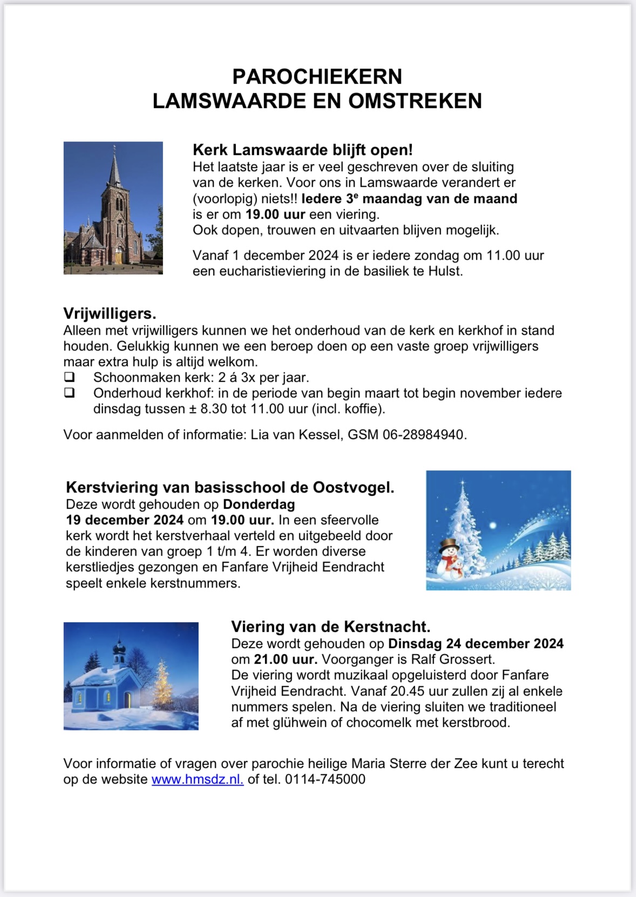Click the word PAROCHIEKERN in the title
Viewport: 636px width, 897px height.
(x=317, y=77)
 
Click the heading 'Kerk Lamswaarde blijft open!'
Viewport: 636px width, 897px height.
(x=302, y=150)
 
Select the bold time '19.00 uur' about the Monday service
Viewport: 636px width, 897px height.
(x=275, y=214)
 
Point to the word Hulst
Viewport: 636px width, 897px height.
(x=445, y=271)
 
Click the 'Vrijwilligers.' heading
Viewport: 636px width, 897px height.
(x=110, y=314)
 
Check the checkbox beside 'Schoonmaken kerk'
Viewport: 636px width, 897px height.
(x=69, y=377)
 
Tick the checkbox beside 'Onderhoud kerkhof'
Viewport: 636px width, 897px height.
(x=69, y=393)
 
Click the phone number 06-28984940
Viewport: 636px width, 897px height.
(x=424, y=435)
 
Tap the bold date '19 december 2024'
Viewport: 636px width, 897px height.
(x=125, y=520)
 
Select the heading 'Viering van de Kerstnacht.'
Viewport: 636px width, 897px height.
(x=330, y=627)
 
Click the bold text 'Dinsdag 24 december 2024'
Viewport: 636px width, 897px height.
(x=476, y=644)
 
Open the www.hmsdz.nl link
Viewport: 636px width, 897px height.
(x=197, y=779)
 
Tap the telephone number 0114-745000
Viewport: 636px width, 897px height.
(x=325, y=779)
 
